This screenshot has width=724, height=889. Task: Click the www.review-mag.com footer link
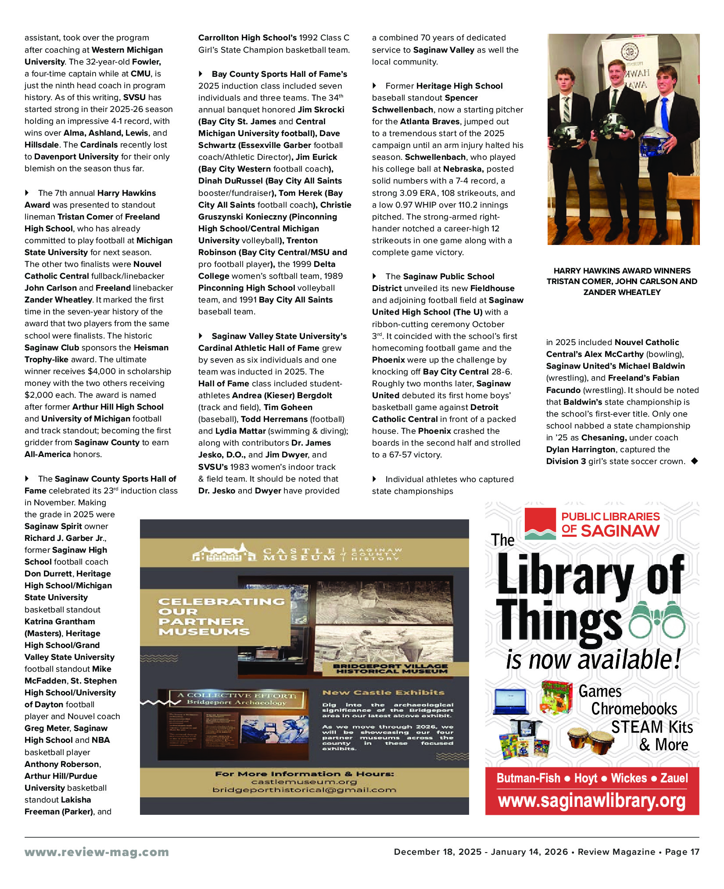(97, 852)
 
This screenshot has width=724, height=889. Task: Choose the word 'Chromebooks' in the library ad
(634, 709)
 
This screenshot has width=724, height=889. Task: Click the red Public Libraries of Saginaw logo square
(540, 524)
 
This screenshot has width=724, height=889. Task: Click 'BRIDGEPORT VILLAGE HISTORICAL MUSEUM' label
(391, 668)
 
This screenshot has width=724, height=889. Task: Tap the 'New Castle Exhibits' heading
(383, 692)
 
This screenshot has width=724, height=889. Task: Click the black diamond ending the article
(694, 461)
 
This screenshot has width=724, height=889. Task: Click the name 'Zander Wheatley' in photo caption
(622, 292)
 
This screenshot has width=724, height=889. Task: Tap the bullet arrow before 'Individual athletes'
(375, 479)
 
